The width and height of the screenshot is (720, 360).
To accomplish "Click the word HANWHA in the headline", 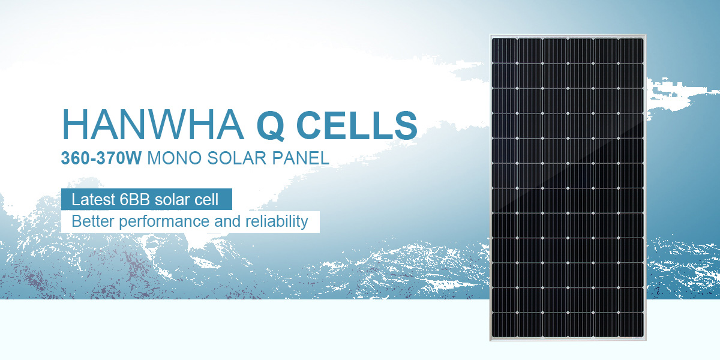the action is pos(152,125).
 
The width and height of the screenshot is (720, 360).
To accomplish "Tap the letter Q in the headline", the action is pos(271,125).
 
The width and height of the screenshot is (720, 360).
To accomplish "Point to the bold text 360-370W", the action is pos(101,158).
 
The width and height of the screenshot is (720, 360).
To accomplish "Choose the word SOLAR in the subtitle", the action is pos(236,158).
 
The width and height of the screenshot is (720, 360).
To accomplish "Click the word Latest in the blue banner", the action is pos(93,199).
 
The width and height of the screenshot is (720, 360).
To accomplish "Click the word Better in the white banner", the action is pos(93,221).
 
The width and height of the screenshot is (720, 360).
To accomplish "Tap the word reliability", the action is pos(277,222).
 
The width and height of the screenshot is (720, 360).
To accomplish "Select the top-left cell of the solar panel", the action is pos(505,51).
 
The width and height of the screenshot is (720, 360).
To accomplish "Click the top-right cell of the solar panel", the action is pos(631,51).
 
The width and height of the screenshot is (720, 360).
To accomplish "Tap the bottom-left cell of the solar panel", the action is pos(505,325).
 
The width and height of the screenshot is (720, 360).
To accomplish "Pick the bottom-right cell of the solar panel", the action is pos(631,325).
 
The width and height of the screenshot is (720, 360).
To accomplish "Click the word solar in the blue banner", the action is pos(172,199).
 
